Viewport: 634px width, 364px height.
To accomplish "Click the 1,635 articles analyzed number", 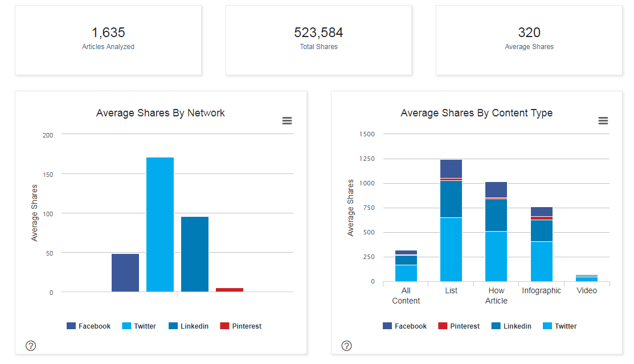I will pyautogui.click(x=108, y=33).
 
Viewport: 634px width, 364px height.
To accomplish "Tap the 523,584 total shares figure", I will pyautogui.click(x=318, y=33).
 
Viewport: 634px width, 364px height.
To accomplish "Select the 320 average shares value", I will pyautogui.click(x=529, y=33).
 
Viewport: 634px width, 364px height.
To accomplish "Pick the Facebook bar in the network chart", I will pyautogui.click(x=125, y=273).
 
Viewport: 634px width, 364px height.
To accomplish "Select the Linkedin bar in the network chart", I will pyautogui.click(x=195, y=254).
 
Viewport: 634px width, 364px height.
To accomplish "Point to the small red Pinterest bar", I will pyautogui.click(x=230, y=290).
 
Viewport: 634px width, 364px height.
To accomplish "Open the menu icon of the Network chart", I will pyautogui.click(x=287, y=120).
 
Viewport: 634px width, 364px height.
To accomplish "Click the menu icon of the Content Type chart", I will pyautogui.click(x=603, y=120).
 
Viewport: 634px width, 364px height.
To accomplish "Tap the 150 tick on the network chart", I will pyautogui.click(x=48, y=174).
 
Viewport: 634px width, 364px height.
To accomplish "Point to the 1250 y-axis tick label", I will pyautogui.click(x=367, y=159).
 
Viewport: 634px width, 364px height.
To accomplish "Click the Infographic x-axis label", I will pyautogui.click(x=541, y=290).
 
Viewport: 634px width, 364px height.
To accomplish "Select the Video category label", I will pyautogui.click(x=587, y=290).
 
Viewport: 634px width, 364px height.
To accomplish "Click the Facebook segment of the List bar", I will pyautogui.click(x=451, y=169).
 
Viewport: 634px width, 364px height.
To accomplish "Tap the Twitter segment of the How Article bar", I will pyautogui.click(x=496, y=256).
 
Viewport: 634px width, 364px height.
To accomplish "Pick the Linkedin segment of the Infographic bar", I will pyautogui.click(x=541, y=230).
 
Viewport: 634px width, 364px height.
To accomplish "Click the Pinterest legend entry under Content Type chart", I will pyautogui.click(x=459, y=326).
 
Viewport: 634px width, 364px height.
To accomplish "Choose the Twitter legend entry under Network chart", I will pyautogui.click(x=139, y=326).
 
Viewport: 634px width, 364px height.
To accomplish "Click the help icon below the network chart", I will pyautogui.click(x=31, y=345).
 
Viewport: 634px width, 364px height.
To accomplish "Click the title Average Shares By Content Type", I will pyautogui.click(x=477, y=113).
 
